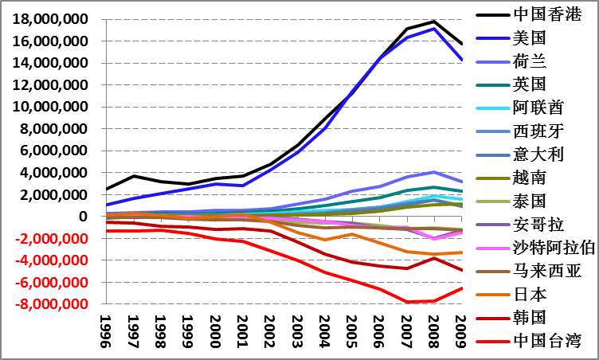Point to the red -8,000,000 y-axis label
tap(56, 304)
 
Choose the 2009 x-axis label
tap(460, 328)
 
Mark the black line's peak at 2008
tap(433, 22)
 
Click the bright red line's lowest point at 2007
tap(406, 302)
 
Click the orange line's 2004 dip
tap(325, 240)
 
